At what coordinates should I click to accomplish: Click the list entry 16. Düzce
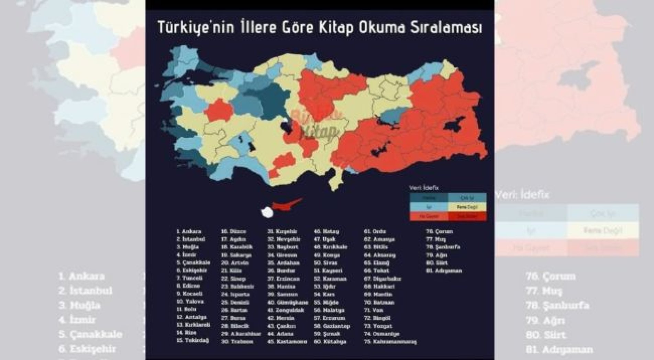[234, 232]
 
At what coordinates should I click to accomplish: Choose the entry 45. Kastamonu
[287, 342]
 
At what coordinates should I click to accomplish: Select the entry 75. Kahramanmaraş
[390, 342]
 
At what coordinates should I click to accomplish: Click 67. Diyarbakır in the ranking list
[383, 279]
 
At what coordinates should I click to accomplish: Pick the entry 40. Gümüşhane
[288, 303]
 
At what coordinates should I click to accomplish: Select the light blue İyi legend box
[429, 207]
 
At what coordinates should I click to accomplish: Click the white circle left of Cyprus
[267, 212]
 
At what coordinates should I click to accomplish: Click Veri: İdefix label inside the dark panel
[423, 188]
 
